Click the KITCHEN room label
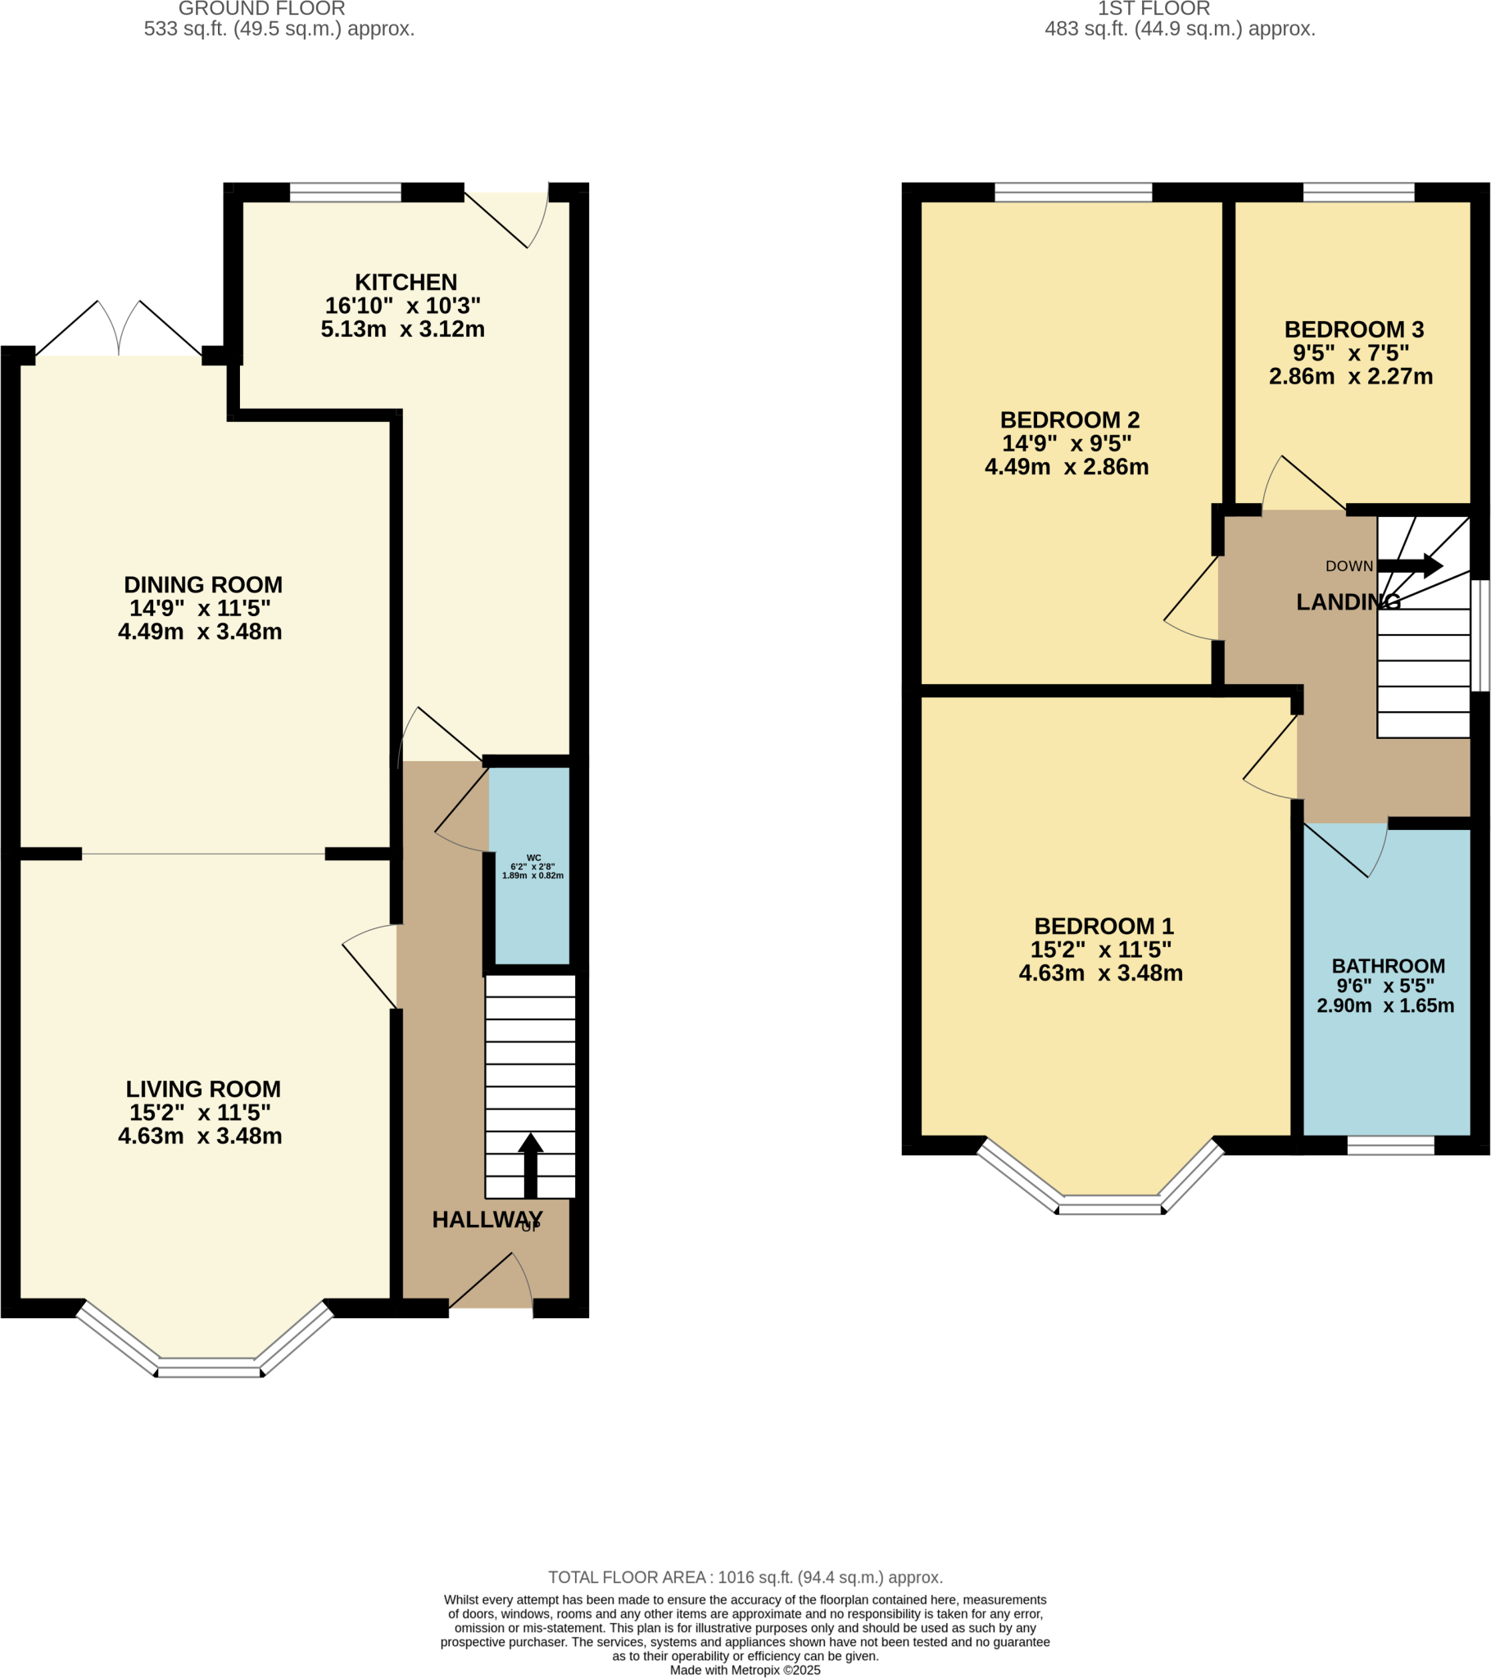[406, 283]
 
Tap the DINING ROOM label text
[203, 585]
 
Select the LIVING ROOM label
[203, 1090]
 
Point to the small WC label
[533, 858]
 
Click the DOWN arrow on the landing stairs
[1410, 565]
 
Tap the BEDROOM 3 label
[1354, 330]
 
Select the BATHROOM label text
[1388, 966]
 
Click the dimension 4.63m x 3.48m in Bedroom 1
[1100, 973]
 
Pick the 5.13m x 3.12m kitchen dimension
[402, 329]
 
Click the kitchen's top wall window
[345, 193]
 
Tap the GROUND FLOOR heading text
[262, 9]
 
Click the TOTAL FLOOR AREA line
[745, 1577]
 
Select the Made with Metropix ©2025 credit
[745, 1670]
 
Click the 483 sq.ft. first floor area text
[1179, 29]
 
